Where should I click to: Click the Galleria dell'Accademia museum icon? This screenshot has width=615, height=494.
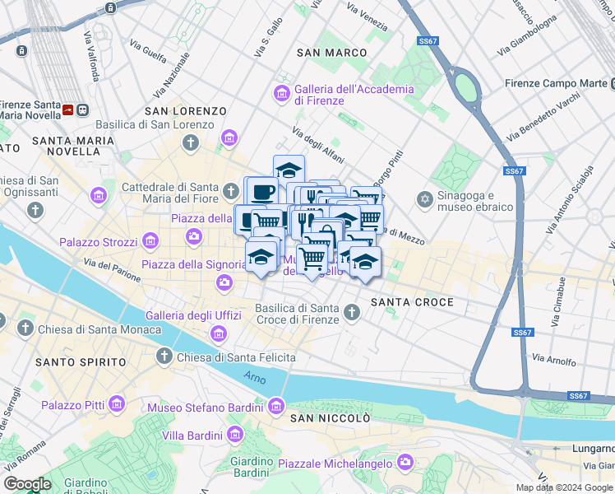pos(282,94)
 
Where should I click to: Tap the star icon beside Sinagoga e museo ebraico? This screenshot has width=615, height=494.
pos(425,200)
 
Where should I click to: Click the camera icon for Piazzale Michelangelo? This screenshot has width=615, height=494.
pos(405,463)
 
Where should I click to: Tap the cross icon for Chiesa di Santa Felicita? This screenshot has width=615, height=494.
pos(164,357)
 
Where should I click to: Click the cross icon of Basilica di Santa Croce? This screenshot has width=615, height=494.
pos(353,312)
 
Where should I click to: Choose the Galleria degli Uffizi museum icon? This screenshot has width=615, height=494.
pos(218,333)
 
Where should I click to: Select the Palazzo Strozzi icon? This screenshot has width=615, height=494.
pos(150,241)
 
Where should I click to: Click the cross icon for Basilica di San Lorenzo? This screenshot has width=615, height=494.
pos(191,144)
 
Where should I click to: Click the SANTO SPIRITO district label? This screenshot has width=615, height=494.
pos(80,362)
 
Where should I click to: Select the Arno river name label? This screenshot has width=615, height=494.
pos(255,376)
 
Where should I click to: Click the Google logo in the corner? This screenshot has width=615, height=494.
pos(27,484)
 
